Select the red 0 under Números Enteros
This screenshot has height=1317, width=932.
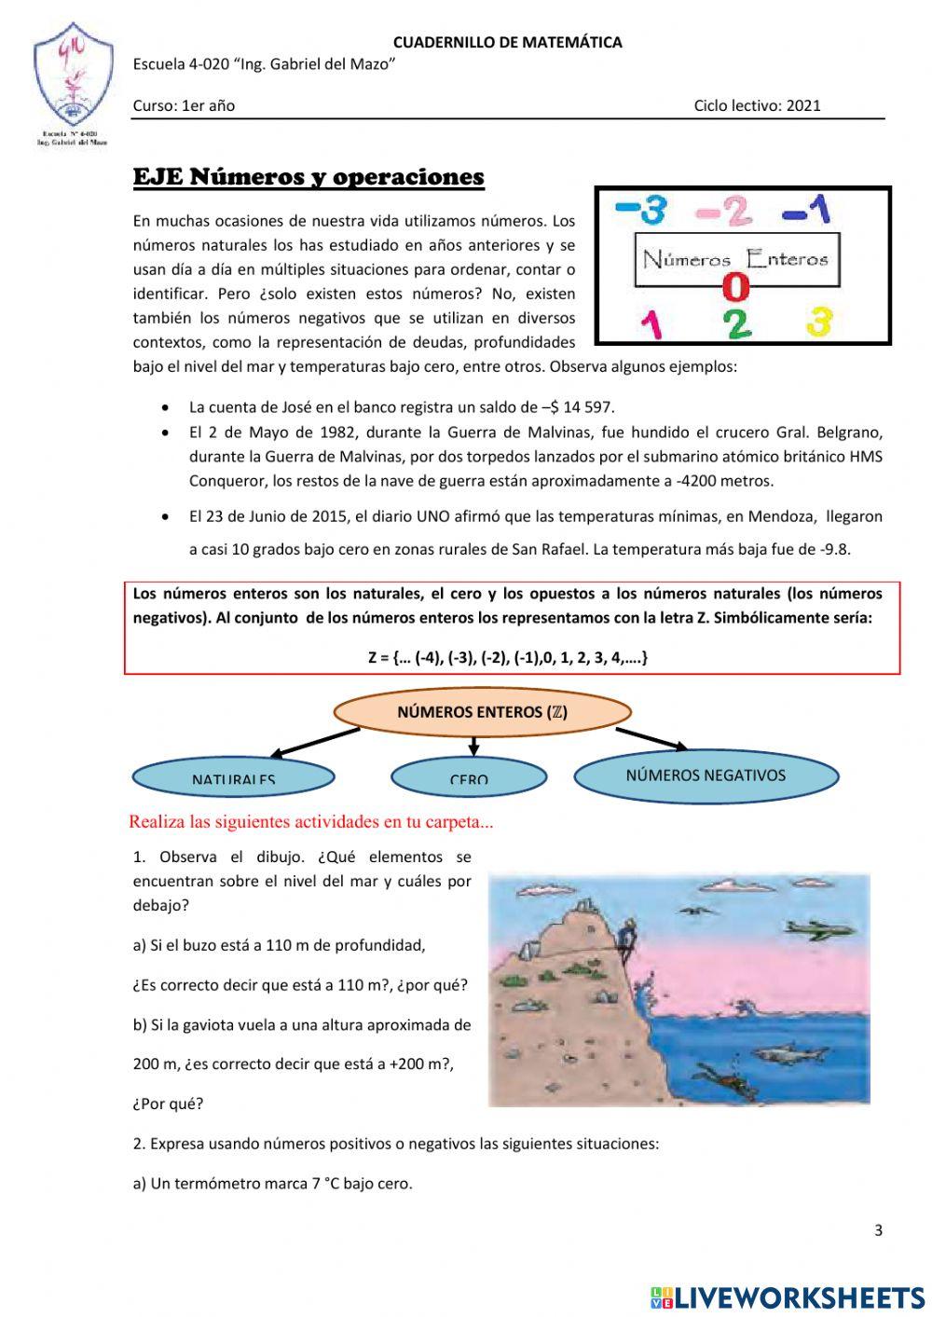point(736,287)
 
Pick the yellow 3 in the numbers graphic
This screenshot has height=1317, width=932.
point(818,322)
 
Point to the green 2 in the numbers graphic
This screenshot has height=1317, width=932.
point(736,323)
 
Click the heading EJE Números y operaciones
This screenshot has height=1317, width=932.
point(308,177)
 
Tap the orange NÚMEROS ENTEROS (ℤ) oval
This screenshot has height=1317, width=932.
point(482,712)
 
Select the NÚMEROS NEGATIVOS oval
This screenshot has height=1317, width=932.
point(706,775)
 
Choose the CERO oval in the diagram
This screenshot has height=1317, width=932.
point(469,777)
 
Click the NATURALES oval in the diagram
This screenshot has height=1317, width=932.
point(233,777)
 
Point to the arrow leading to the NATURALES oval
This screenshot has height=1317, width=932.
point(312,743)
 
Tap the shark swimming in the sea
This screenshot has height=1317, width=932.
point(778,1053)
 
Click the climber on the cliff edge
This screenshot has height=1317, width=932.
point(629,935)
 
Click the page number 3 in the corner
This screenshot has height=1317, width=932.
point(878,1230)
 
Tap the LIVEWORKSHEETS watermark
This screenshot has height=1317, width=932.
point(788,1296)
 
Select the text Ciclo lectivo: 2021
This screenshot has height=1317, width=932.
point(757,105)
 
